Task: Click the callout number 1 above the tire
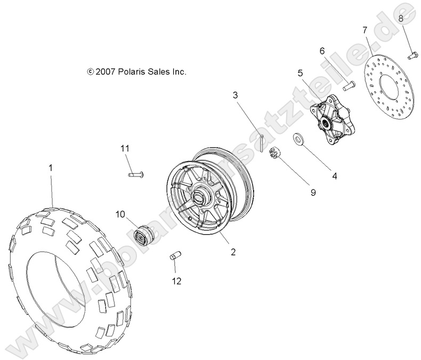coord(51,168)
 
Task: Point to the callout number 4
coord(334,175)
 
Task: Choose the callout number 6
coord(322,51)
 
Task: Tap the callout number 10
coord(121,214)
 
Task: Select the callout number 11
coord(125,148)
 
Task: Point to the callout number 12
coord(176,281)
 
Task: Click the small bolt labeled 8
coord(412,54)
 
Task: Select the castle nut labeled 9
coord(276,153)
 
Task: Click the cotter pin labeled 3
coord(262,143)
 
